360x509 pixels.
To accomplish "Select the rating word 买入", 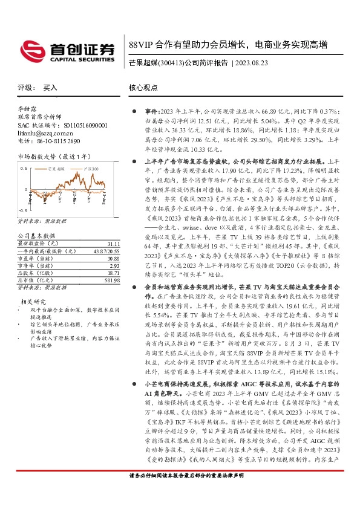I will pyautogui.click(x=50, y=88).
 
